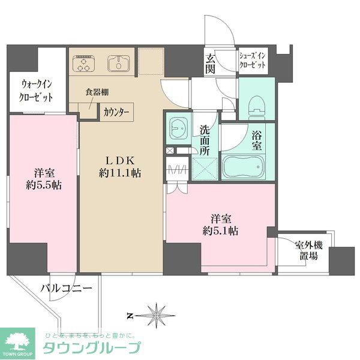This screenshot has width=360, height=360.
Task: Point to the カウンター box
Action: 116,111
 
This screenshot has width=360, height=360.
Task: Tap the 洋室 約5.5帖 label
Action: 43,178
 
